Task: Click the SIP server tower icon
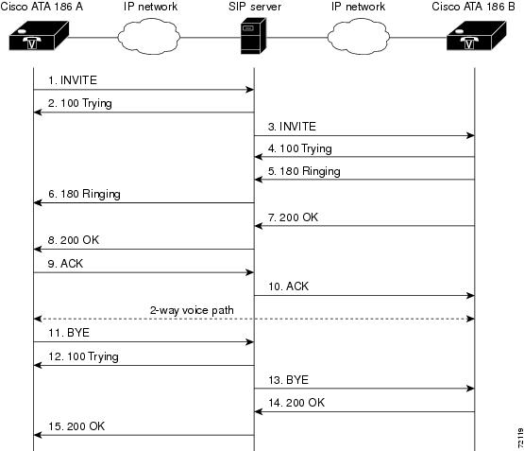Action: point(253,36)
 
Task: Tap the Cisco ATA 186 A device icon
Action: point(39,36)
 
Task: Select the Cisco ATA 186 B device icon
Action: point(476,36)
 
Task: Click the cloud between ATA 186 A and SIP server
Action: point(149,37)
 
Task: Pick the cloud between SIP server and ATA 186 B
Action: point(359,37)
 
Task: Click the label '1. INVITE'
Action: point(73,80)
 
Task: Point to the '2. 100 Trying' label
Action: point(80,103)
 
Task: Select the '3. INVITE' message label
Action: point(292,127)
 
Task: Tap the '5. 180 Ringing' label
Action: point(304,172)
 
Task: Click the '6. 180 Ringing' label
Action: point(84,195)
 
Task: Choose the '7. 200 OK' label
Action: point(293,217)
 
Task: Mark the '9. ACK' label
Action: point(65,264)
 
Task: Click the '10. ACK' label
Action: point(288,286)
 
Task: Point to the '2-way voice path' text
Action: point(192,310)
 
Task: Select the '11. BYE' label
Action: point(69,333)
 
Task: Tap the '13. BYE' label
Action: point(288,380)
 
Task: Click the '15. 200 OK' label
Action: point(76,426)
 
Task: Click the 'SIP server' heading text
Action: point(255,7)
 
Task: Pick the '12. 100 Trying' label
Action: point(83,357)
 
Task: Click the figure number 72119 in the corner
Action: point(520,438)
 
